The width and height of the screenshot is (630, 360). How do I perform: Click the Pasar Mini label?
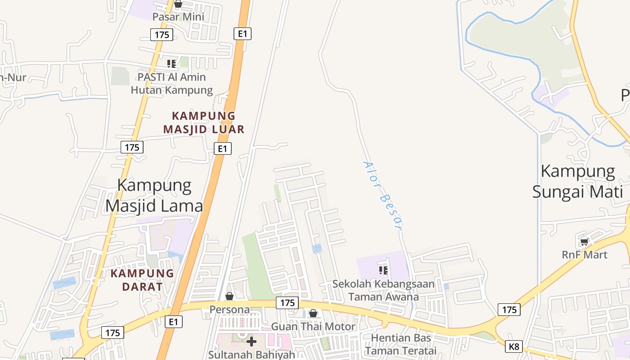click(x=178, y=17)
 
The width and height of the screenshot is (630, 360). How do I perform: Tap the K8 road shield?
click(x=514, y=346)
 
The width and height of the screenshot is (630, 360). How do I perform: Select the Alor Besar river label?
click(x=382, y=196)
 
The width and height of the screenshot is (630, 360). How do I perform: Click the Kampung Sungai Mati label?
click(x=578, y=182)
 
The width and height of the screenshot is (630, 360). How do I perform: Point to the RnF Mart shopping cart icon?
click(x=585, y=242)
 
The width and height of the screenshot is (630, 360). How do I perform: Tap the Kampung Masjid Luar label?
click(x=204, y=123)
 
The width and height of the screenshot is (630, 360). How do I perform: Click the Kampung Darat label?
click(x=142, y=279)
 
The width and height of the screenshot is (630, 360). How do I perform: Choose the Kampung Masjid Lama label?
click(x=154, y=195)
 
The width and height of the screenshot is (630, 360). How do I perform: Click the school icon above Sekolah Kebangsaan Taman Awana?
click(x=383, y=270)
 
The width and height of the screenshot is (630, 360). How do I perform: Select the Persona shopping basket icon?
click(x=229, y=296)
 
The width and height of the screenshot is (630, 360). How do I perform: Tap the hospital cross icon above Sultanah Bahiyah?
click(x=252, y=342)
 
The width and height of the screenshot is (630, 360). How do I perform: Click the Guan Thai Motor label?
click(x=313, y=327)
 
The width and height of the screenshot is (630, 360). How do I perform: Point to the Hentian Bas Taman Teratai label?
click(x=401, y=344)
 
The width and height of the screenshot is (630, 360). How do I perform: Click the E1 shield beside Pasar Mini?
click(x=243, y=33)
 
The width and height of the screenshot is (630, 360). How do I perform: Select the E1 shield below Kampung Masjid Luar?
click(x=222, y=148)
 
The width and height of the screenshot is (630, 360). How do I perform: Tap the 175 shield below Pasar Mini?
click(x=162, y=35)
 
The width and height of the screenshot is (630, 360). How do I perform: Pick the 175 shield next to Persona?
click(x=287, y=303)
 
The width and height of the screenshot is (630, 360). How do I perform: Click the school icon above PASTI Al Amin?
click(x=171, y=64)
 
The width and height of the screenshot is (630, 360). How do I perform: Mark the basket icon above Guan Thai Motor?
click(x=313, y=313)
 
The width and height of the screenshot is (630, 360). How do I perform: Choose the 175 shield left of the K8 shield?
click(x=509, y=310)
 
